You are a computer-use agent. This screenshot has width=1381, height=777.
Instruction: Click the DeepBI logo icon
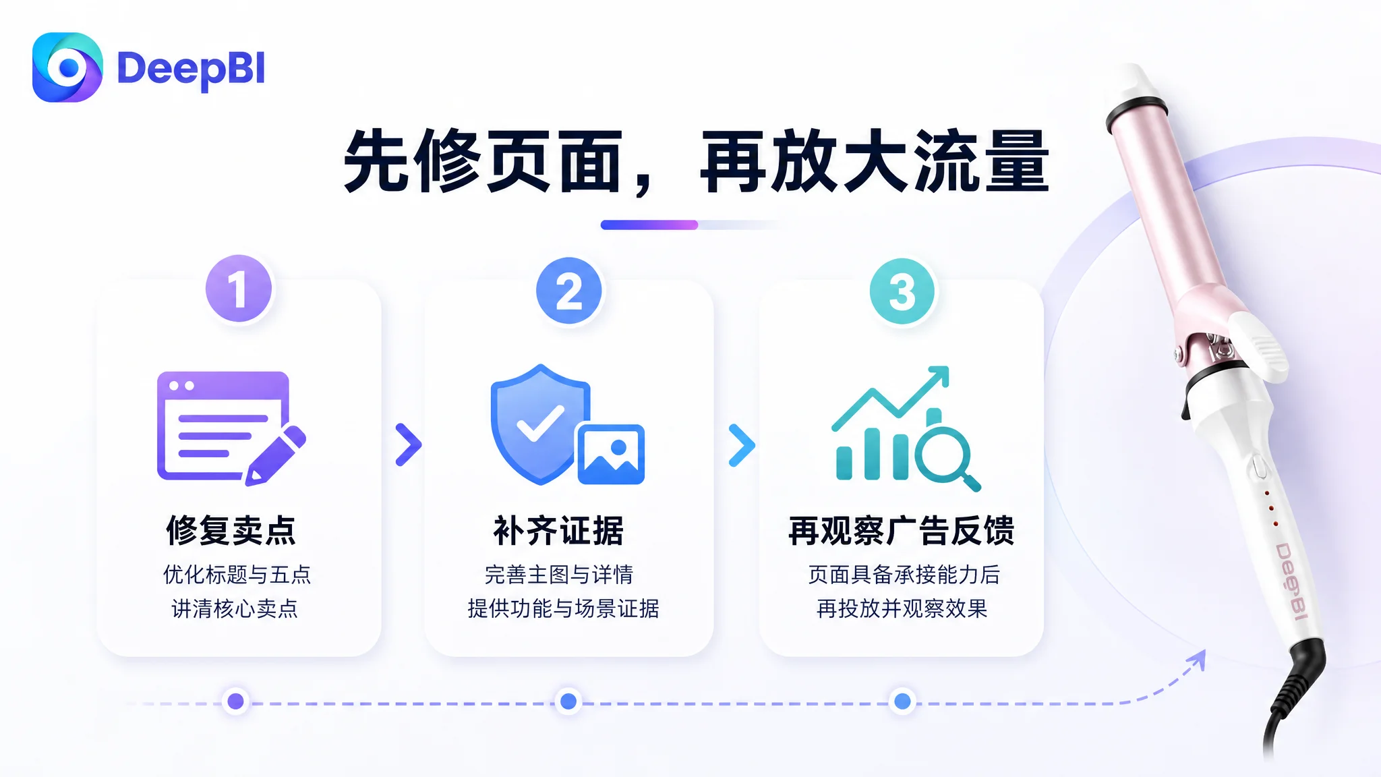(67, 67)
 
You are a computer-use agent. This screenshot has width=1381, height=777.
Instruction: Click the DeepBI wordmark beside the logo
(192, 69)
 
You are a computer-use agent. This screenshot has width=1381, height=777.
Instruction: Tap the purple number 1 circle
(239, 289)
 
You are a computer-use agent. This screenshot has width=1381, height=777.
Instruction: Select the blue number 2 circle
(569, 291)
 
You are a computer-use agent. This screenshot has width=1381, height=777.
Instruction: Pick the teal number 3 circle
(902, 291)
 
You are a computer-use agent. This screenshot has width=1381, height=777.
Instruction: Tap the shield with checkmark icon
(539, 424)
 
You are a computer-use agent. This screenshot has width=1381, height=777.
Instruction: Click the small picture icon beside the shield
(611, 454)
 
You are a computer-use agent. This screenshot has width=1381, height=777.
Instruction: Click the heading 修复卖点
(231, 530)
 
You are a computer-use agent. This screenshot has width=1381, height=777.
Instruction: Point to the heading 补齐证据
(559, 530)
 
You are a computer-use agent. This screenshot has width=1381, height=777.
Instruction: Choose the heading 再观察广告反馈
(902, 530)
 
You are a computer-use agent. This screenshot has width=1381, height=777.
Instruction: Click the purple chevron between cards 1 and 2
(409, 444)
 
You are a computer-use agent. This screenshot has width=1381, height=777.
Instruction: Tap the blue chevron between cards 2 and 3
(742, 445)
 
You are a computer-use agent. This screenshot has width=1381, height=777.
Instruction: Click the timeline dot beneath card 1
(236, 701)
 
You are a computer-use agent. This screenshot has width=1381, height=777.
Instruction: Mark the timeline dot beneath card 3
(902, 701)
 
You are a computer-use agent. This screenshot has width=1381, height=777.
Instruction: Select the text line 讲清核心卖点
(235, 608)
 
